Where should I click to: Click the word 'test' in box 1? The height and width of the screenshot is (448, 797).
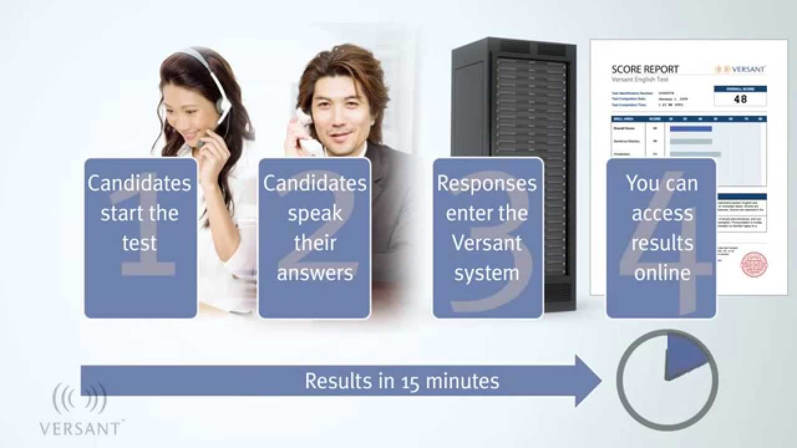139,243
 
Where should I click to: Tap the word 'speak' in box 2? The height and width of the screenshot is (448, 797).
314,213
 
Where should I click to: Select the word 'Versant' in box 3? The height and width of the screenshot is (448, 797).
487,243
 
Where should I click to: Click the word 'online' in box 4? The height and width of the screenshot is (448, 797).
663,273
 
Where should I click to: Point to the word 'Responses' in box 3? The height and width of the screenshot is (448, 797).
487,184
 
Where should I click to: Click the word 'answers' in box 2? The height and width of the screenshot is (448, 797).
314,273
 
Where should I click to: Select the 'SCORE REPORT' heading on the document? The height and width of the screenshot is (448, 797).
645,69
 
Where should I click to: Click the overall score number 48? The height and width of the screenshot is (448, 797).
740,98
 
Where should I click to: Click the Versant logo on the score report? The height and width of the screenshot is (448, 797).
740,69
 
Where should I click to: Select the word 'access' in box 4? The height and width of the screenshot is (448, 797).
663,213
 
